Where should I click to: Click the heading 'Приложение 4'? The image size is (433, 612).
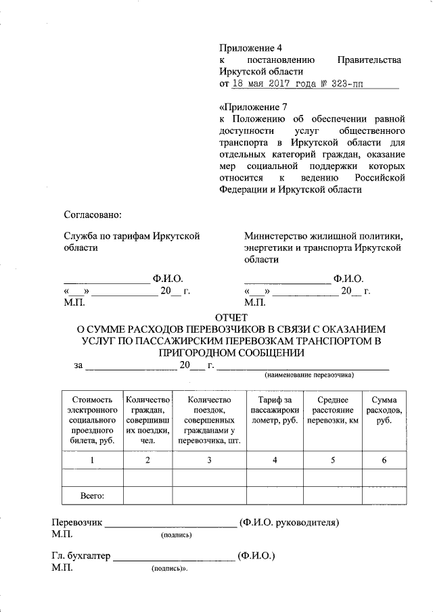coord(250,48)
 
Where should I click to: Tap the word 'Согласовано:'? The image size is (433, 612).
coord(93,215)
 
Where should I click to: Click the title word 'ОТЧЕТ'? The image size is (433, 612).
coord(231,317)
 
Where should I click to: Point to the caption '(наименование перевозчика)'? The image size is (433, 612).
coord(309,374)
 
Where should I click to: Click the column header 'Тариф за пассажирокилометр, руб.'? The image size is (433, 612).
coord(275,410)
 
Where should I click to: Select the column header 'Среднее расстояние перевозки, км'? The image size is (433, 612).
coord(332,410)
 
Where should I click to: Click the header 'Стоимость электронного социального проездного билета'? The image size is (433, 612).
coord(92,420)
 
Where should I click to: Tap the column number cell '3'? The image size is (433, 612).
coord(209,461)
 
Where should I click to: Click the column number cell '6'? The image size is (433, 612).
coord(384,461)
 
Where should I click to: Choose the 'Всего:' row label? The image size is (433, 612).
coord(92,496)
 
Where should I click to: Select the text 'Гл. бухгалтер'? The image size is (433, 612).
coord(81,557)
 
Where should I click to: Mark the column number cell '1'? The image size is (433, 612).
coord(92,461)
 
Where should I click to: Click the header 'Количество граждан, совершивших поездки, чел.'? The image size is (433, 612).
coord(147,420)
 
